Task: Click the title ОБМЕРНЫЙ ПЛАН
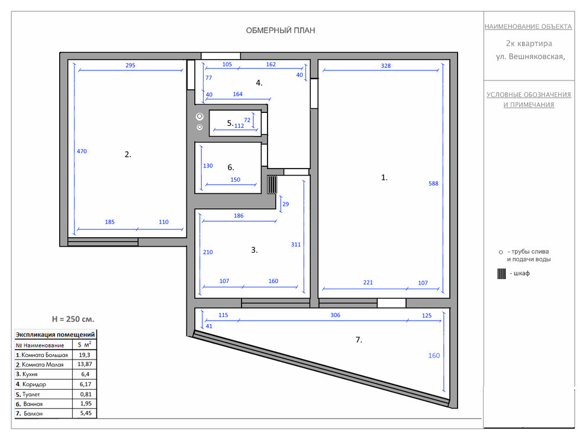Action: pos(281,31)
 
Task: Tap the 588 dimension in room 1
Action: pos(433,183)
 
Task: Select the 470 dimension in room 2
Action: pos(82,151)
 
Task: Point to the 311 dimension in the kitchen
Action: pos(295,245)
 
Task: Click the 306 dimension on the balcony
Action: pos(335,315)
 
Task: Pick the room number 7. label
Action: pos(359,339)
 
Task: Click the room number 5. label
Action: pos(230,123)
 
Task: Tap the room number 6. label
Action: pos(231,167)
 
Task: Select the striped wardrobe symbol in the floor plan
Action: pos(272,185)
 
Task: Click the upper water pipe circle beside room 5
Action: pos(199,117)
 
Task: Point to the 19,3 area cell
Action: pos(85,355)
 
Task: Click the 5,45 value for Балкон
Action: pos(86,413)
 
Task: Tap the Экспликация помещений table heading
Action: pos(55,335)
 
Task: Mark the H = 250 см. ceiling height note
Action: pos(73,319)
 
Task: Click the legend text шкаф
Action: pos(521,273)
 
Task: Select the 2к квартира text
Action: pos(529,44)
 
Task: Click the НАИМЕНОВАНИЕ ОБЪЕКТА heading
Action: pos(528,27)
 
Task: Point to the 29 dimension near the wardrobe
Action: pos(285,204)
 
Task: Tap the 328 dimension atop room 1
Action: pos(386,66)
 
